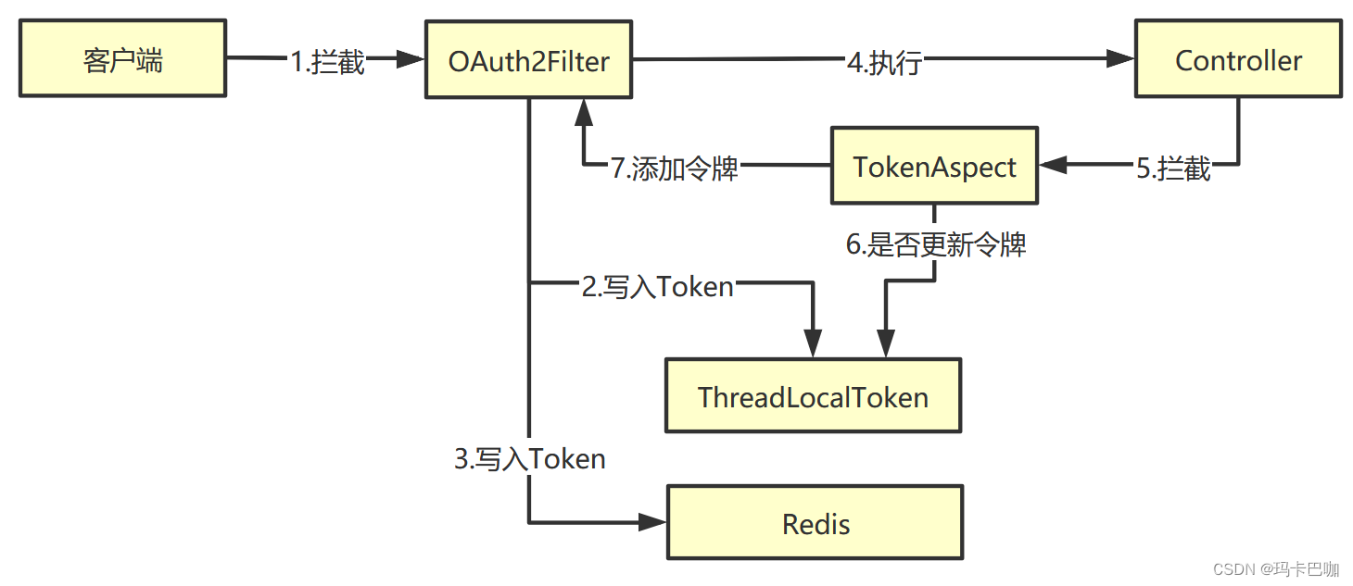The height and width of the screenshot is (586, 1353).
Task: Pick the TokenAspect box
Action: (x=934, y=167)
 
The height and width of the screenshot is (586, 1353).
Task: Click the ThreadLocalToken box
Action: (x=813, y=397)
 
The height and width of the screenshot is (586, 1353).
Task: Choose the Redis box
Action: (x=816, y=524)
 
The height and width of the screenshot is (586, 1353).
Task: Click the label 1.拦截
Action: (x=328, y=62)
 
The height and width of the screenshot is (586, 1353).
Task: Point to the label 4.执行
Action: (x=884, y=62)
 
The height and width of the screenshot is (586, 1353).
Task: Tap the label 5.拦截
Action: (x=1173, y=168)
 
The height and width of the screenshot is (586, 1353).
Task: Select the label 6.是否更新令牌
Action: (x=936, y=245)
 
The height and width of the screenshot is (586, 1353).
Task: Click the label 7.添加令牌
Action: (x=675, y=169)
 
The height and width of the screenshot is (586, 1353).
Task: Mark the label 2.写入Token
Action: (x=658, y=287)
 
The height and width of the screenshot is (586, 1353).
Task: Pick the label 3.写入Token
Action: (x=530, y=458)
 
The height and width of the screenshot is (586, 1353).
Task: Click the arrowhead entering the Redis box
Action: (x=654, y=523)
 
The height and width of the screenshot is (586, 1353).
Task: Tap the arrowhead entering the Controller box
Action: (x=1122, y=60)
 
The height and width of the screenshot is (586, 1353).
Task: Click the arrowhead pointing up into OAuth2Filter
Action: (x=584, y=112)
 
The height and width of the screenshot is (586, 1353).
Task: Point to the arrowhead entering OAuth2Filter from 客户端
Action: (x=411, y=60)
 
